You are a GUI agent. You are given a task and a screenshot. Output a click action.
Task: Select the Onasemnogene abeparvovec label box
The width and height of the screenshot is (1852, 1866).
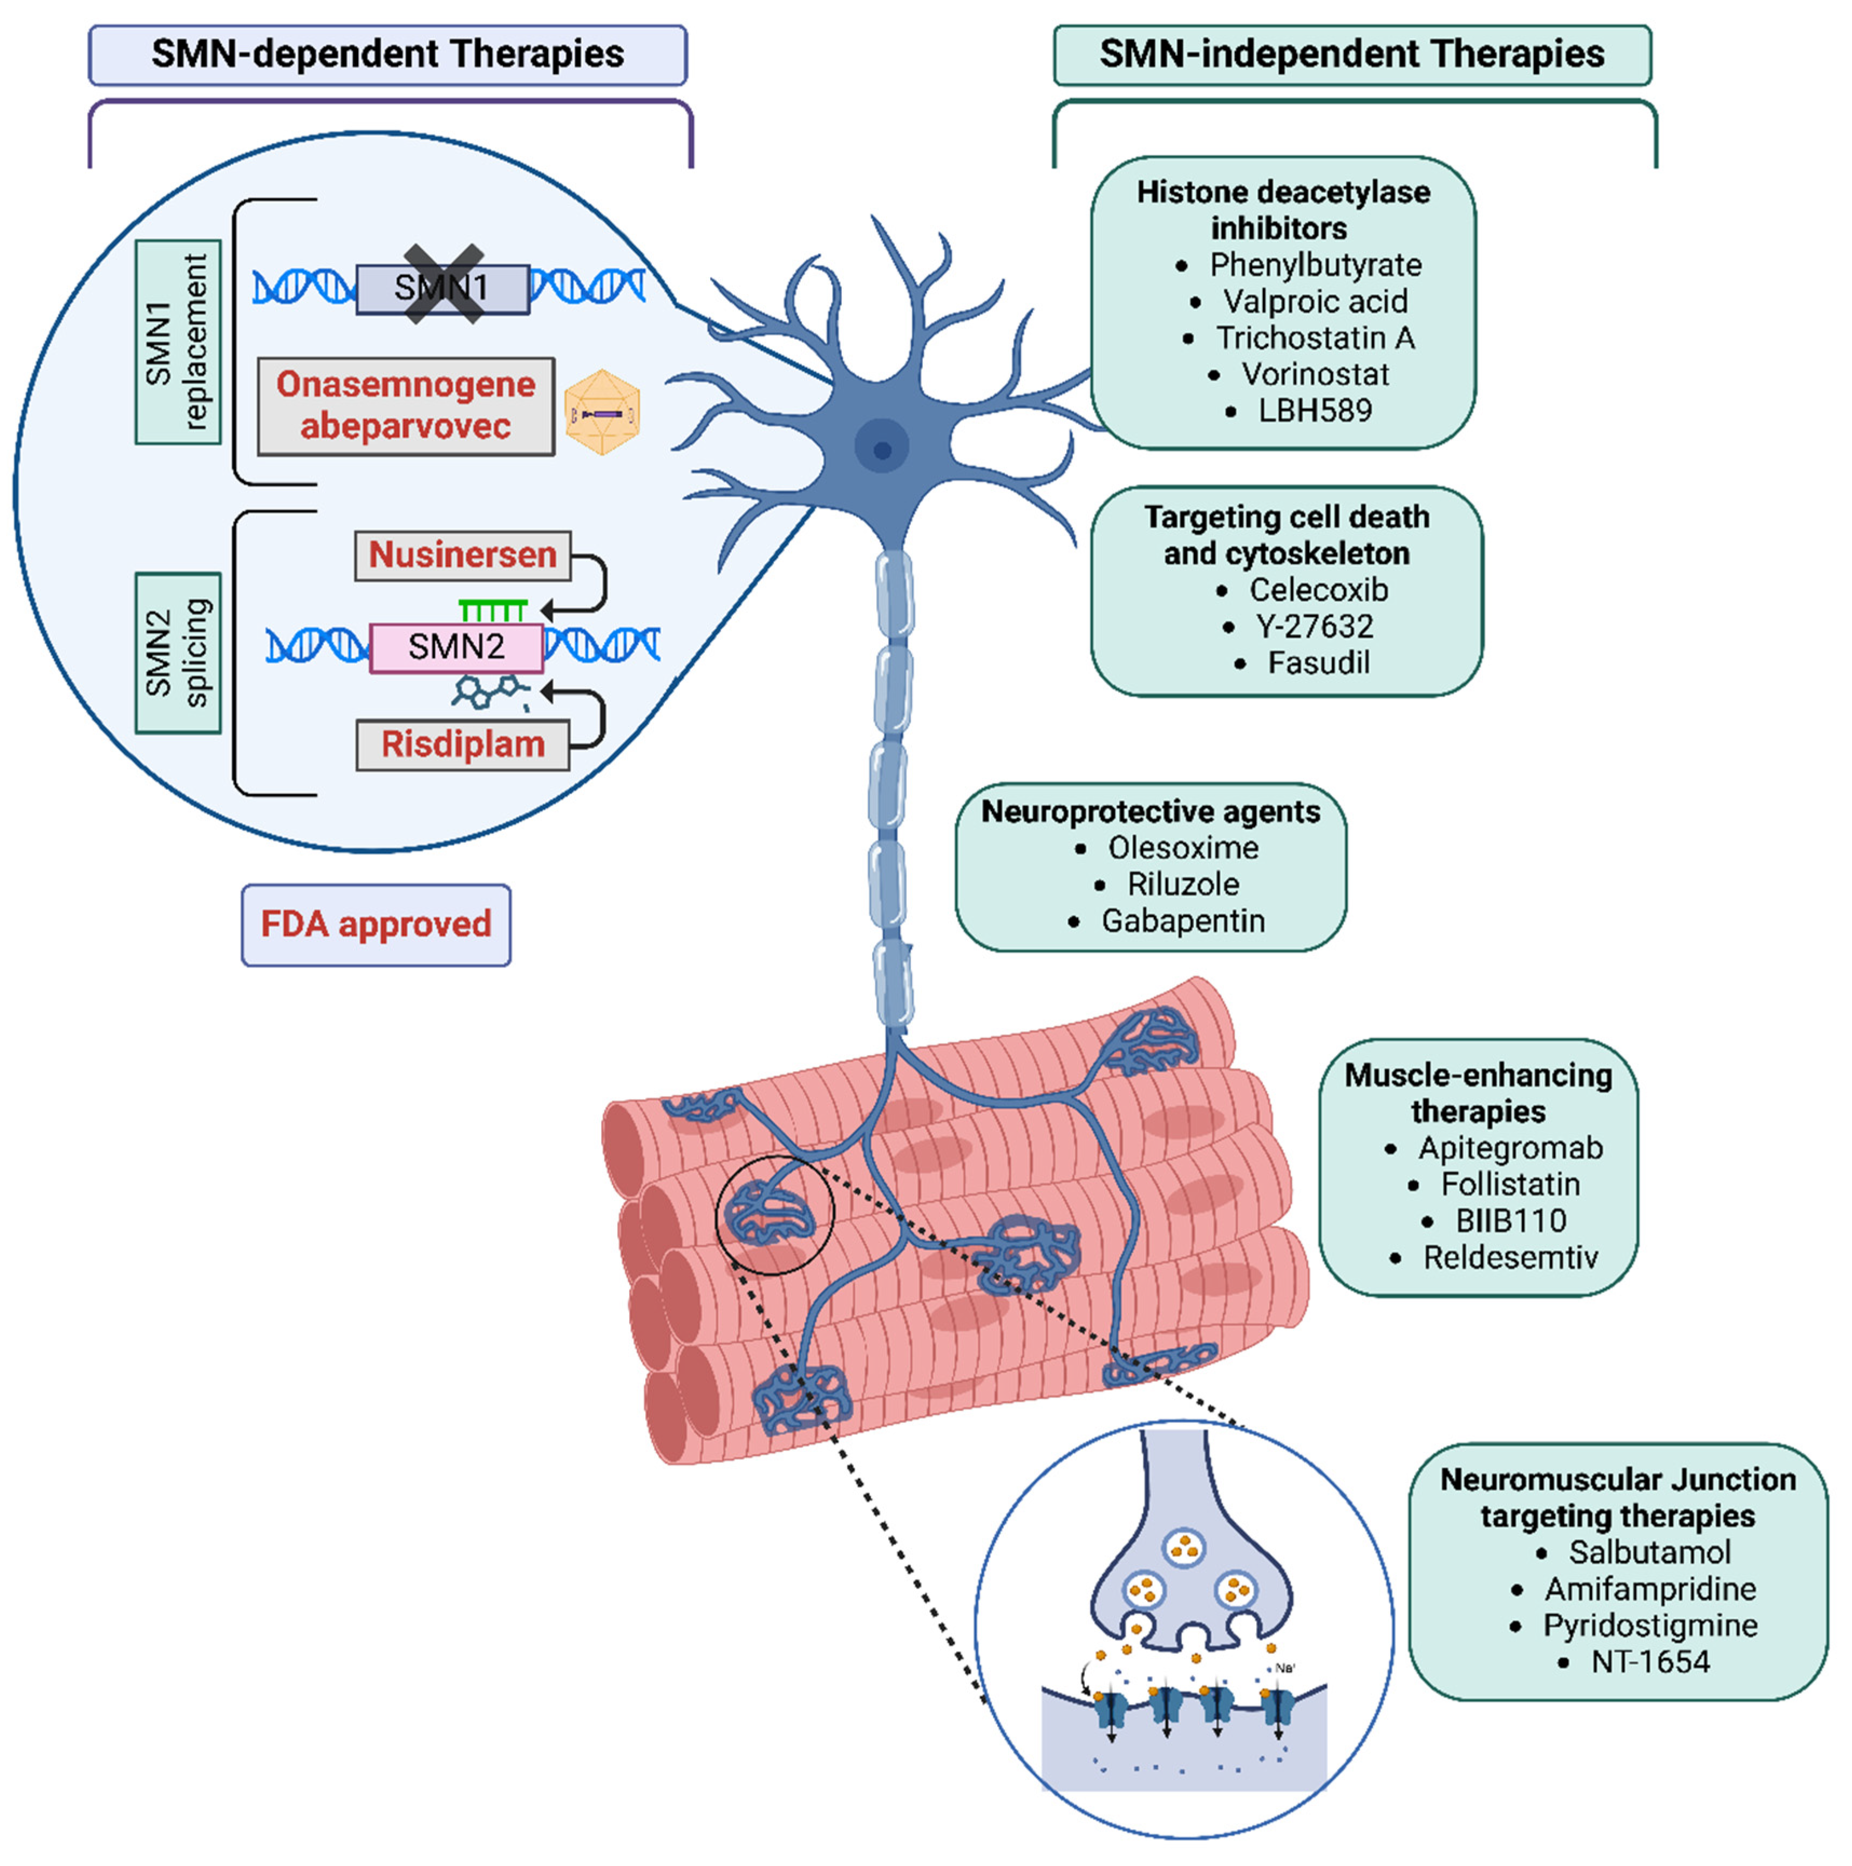406,406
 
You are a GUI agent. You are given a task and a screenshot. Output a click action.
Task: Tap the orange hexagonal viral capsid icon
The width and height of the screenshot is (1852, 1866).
602,412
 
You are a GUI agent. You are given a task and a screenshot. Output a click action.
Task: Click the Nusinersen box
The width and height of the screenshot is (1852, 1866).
463,555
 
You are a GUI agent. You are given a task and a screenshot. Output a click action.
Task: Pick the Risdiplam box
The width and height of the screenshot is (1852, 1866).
463,745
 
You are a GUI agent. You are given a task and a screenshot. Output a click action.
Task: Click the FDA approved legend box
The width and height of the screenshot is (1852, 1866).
376,924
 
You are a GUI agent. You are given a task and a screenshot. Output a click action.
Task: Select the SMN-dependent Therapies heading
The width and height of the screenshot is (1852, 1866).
387,54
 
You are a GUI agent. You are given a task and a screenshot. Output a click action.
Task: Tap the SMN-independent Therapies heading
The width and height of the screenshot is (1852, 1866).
1352,54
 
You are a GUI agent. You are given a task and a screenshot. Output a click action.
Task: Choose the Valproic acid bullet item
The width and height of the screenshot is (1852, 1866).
1315,301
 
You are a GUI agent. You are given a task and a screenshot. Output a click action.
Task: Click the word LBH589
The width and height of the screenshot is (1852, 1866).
1315,411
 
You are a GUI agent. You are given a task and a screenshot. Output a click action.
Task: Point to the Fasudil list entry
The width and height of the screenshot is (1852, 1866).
1318,664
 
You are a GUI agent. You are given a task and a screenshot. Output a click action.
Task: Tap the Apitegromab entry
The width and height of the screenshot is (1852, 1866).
1510,1148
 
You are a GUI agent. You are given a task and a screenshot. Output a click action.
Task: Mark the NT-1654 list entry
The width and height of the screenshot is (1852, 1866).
1650,1662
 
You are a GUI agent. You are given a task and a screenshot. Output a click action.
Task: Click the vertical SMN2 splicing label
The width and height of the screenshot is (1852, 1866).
178,653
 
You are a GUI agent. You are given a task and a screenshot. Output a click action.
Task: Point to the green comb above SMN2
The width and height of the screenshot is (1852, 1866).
493,610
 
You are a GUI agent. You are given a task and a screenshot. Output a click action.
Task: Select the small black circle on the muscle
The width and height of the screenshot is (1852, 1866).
774,1215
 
